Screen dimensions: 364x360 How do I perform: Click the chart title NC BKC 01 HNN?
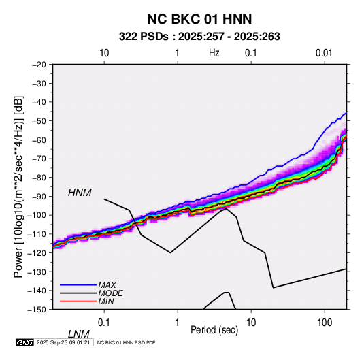click(x=199, y=19)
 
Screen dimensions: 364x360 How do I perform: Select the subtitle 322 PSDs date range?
click(x=199, y=37)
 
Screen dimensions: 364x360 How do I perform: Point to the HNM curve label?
click(x=80, y=193)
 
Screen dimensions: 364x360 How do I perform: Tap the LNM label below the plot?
click(x=79, y=334)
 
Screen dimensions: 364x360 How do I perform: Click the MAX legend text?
click(x=107, y=284)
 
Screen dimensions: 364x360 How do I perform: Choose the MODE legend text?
click(x=110, y=293)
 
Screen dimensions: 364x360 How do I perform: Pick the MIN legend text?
click(x=106, y=301)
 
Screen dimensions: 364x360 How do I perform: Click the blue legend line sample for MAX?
click(x=78, y=284)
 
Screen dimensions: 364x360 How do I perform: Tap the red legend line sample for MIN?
click(x=78, y=301)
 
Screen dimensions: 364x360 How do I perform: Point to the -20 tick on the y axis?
click(x=39, y=65)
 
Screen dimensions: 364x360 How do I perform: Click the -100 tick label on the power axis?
click(x=37, y=215)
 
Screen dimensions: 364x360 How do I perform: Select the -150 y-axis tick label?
click(x=37, y=310)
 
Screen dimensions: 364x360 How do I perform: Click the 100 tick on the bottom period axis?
click(x=325, y=323)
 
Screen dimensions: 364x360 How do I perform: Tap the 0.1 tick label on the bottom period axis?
click(x=104, y=323)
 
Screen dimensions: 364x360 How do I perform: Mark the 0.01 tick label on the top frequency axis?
click(x=324, y=53)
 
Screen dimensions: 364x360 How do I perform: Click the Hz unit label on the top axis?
click(x=214, y=53)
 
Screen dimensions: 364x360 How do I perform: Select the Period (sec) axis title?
click(x=214, y=330)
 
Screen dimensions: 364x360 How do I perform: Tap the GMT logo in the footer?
click(x=25, y=342)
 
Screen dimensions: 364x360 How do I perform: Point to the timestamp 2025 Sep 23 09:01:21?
click(x=63, y=342)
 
